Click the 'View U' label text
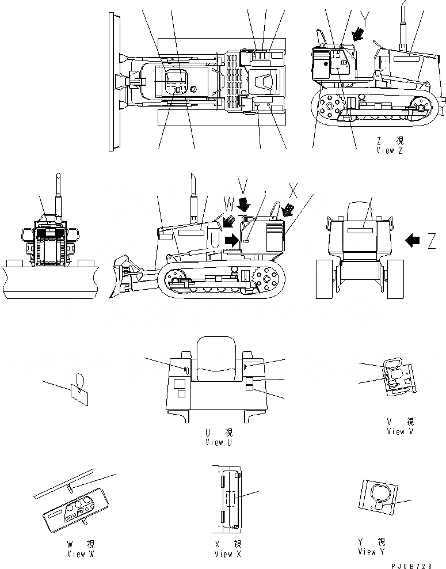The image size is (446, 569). coord(218,442)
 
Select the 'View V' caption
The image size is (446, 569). coord(400,431)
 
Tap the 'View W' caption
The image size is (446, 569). coord(83,554)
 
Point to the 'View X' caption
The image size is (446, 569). coord(227,554)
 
